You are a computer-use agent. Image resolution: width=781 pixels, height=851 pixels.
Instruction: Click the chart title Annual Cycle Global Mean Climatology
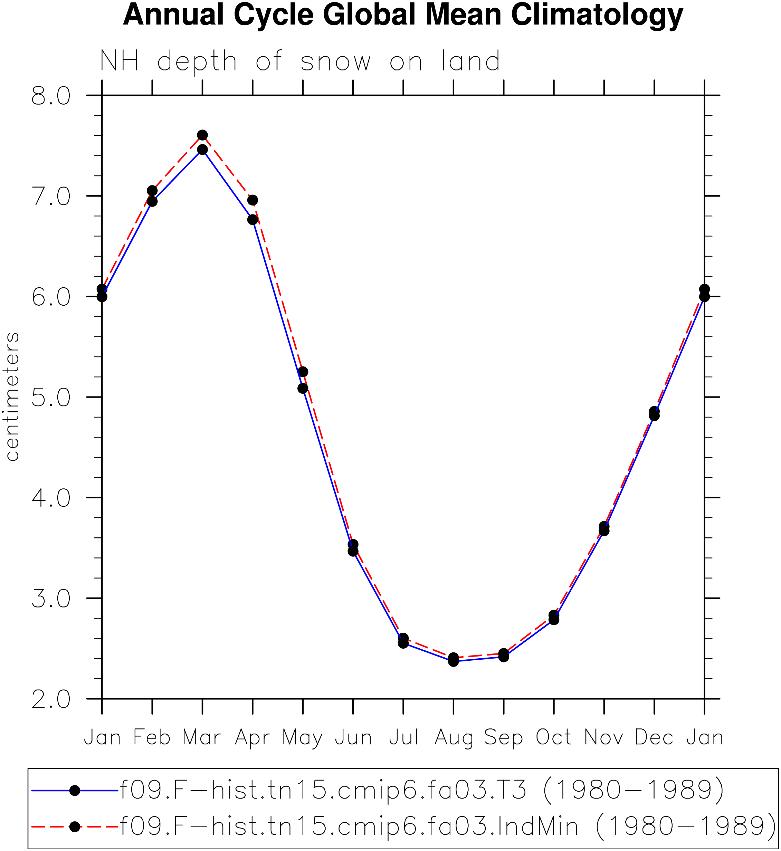point(403,16)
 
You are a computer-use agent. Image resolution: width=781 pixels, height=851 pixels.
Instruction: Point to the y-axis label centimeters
point(12,397)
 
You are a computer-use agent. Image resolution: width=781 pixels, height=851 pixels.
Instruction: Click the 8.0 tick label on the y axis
point(51,96)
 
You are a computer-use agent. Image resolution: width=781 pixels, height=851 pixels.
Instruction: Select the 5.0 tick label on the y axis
point(51,398)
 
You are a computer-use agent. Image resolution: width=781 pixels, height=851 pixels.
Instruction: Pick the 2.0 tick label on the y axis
point(51,699)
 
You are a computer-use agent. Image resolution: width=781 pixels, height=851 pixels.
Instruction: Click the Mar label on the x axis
point(202,737)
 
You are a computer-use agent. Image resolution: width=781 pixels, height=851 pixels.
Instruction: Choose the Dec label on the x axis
point(654,737)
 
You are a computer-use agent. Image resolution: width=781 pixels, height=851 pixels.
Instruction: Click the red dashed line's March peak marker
point(202,135)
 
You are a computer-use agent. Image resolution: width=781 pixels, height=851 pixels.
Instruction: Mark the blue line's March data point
point(202,150)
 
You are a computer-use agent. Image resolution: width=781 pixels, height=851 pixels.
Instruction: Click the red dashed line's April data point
point(253,200)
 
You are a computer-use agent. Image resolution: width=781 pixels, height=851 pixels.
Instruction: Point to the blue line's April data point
point(253,220)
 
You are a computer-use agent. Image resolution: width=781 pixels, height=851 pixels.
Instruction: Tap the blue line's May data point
point(303,388)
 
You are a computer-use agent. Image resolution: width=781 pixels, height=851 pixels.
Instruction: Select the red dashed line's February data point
point(152,191)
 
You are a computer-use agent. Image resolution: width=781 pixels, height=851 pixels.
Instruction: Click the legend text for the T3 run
point(422,790)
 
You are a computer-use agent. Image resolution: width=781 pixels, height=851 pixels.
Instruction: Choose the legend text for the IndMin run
point(448,826)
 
